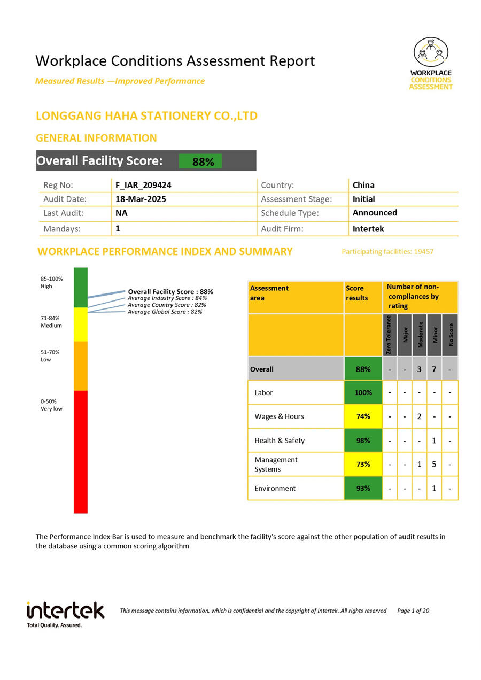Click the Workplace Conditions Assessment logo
click(x=431, y=63)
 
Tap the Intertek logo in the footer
click(x=65, y=614)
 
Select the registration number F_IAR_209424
click(x=143, y=186)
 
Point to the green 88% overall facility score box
click(x=200, y=161)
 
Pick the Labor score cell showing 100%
click(x=363, y=392)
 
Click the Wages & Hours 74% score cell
click(x=363, y=416)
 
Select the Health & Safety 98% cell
click(x=363, y=441)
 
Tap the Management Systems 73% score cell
click(x=363, y=464)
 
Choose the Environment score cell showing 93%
click(x=363, y=488)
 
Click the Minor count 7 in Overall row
click(x=435, y=369)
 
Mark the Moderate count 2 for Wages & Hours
click(x=420, y=416)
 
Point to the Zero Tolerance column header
click(x=390, y=335)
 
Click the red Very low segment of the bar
click(x=81, y=452)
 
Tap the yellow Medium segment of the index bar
click(x=81, y=324)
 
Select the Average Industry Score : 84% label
click(x=167, y=298)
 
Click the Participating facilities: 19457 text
click(x=387, y=251)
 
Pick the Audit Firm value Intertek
click(x=368, y=229)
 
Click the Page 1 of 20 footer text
click(x=413, y=611)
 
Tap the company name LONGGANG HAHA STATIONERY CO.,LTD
click(x=146, y=115)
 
